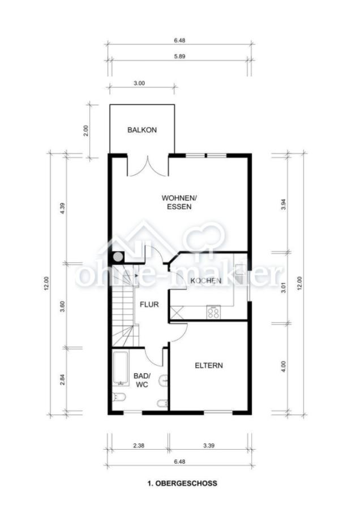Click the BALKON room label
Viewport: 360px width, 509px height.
tap(142, 130)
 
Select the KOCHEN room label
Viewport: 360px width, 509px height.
tap(206, 281)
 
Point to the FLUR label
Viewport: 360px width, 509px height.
tap(149, 304)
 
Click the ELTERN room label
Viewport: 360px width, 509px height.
tap(209, 365)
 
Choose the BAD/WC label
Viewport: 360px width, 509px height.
tap(142, 380)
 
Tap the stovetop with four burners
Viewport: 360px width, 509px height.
tap(213, 312)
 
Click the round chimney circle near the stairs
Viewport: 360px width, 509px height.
tap(118, 257)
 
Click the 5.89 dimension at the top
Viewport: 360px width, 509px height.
tap(179, 56)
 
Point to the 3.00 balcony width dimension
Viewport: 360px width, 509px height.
tap(139, 83)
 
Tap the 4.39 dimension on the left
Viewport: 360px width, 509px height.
tap(63, 208)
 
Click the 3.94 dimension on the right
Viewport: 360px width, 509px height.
tap(284, 204)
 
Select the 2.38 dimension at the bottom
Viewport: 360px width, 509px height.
tap(139, 446)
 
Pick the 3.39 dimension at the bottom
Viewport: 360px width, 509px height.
tap(209, 446)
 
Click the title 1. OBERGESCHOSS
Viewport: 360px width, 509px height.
tap(182, 484)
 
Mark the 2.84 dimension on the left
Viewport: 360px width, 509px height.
tap(63, 380)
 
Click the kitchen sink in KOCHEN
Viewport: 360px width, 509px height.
tap(241, 275)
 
